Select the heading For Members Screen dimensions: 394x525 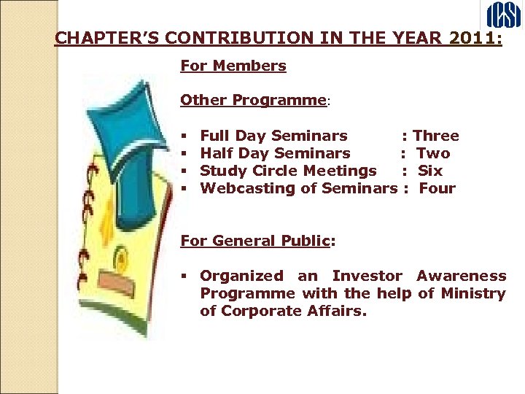[x=233, y=66]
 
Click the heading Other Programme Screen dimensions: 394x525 [x=252, y=100]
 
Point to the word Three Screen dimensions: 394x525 [x=436, y=136]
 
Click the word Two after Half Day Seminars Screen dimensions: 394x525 [x=433, y=153]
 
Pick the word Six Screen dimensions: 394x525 [x=430, y=171]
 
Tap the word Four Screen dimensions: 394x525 [x=437, y=188]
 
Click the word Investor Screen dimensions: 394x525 [x=367, y=276]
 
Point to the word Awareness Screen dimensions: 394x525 [x=461, y=276]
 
